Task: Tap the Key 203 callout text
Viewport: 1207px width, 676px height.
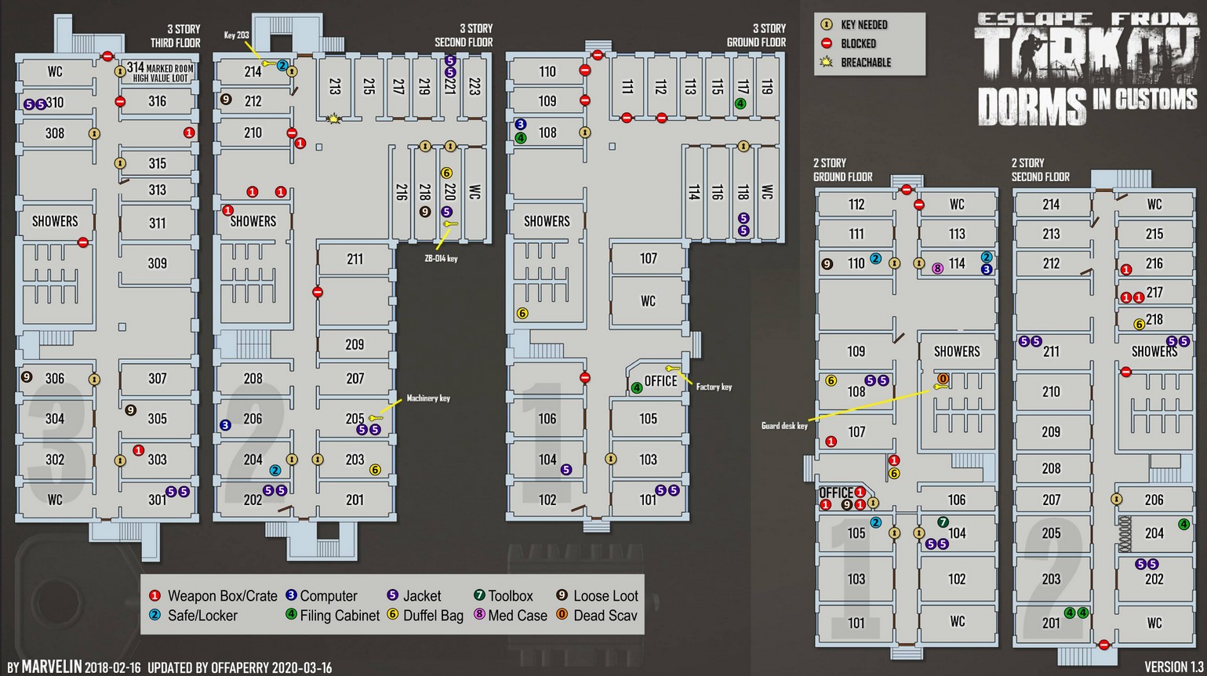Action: click(x=236, y=35)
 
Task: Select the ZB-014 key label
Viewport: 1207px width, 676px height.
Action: click(x=441, y=258)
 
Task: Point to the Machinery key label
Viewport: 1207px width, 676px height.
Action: click(x=427, y=398)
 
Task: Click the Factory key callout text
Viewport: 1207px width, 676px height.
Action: click(x=714, y=387)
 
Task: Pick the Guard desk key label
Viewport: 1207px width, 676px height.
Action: click(x=784, y=426)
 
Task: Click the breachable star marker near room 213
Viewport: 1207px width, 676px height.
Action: click(x=335, y=119)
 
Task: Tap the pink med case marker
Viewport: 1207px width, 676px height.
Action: click(x=937, y=268)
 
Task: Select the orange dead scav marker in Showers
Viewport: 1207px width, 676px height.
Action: click(x=943, y=379)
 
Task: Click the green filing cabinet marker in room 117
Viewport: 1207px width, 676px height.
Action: click(x=740, y=104)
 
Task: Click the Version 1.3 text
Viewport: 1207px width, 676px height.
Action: click(x=1173, y=667)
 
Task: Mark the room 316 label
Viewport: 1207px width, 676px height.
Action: click(x=157, y=101)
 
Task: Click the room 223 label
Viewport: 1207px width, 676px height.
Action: click(x=474, y=86)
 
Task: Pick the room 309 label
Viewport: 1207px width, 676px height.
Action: click(x=157, y=263)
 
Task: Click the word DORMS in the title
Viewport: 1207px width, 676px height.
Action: click(x=1031, y=107)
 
